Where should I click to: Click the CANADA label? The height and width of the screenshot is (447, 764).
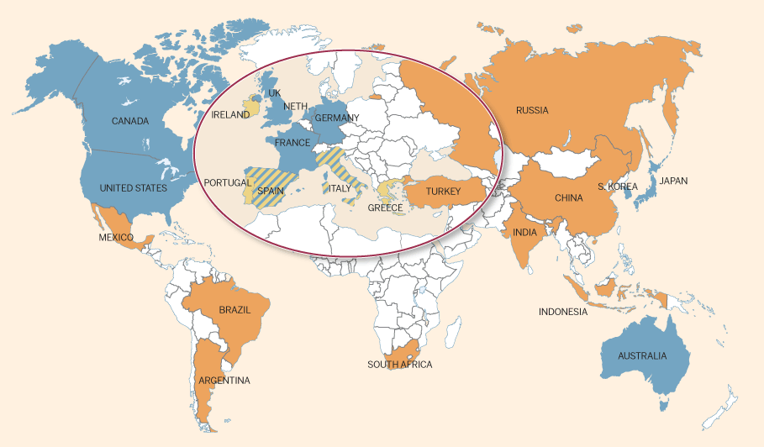click(x=130, y=121)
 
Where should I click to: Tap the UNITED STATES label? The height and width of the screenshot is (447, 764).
click(x=134, y=188)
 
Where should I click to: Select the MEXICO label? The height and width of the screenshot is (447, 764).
click(x=116, y=238)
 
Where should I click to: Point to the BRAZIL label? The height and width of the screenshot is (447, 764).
click(x=234, y=310)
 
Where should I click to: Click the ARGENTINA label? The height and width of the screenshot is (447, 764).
click(x=224, y=381)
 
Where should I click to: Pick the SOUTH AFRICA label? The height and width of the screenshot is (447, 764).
click(x=399, y=365)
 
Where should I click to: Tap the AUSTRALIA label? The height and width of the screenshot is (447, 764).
click(x=642, y=356)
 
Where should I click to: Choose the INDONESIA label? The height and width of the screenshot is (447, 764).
click(x=563, y=313)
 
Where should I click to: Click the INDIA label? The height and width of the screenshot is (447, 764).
click(x=526, y=233)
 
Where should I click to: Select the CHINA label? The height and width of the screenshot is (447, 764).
click(x=569, y=199)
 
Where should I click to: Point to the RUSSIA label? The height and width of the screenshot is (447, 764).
click(x=532, y=111)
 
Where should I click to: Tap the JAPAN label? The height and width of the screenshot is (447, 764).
click(x=673, y=181)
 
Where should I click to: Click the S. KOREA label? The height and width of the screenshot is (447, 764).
click(x=618, y=187)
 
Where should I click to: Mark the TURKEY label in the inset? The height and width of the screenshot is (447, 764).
click(x=443, y=192)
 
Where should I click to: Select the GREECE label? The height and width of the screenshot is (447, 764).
click(x=386, y=208)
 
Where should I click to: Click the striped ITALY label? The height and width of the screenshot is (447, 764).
click(x=340, y=189)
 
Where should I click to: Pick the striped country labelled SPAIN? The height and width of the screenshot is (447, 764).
click(x=270, y=191)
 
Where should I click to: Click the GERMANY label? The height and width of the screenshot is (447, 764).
click(x=337, y=118)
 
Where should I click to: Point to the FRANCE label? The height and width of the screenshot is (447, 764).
click(x=292, y=143)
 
